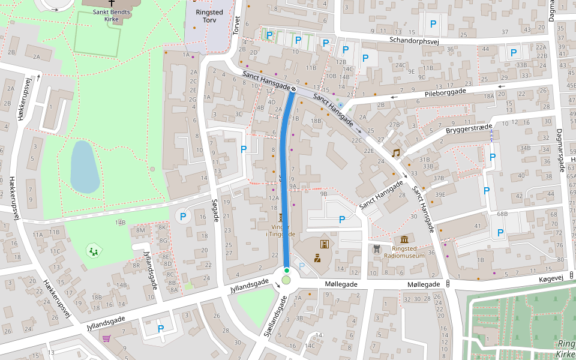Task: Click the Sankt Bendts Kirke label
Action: pyautogui.click(x=111, y=15)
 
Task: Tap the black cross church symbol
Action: pyautogui.click(x=111, y=3)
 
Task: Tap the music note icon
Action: pyautogui.click(x=395, y=153)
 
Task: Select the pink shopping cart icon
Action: pyautogui.click(x=107, y=339)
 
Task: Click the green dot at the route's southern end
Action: pyautogui.click(x=287, y=271)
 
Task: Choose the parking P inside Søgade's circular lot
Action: pyautogui.click(x=183, y=217)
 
